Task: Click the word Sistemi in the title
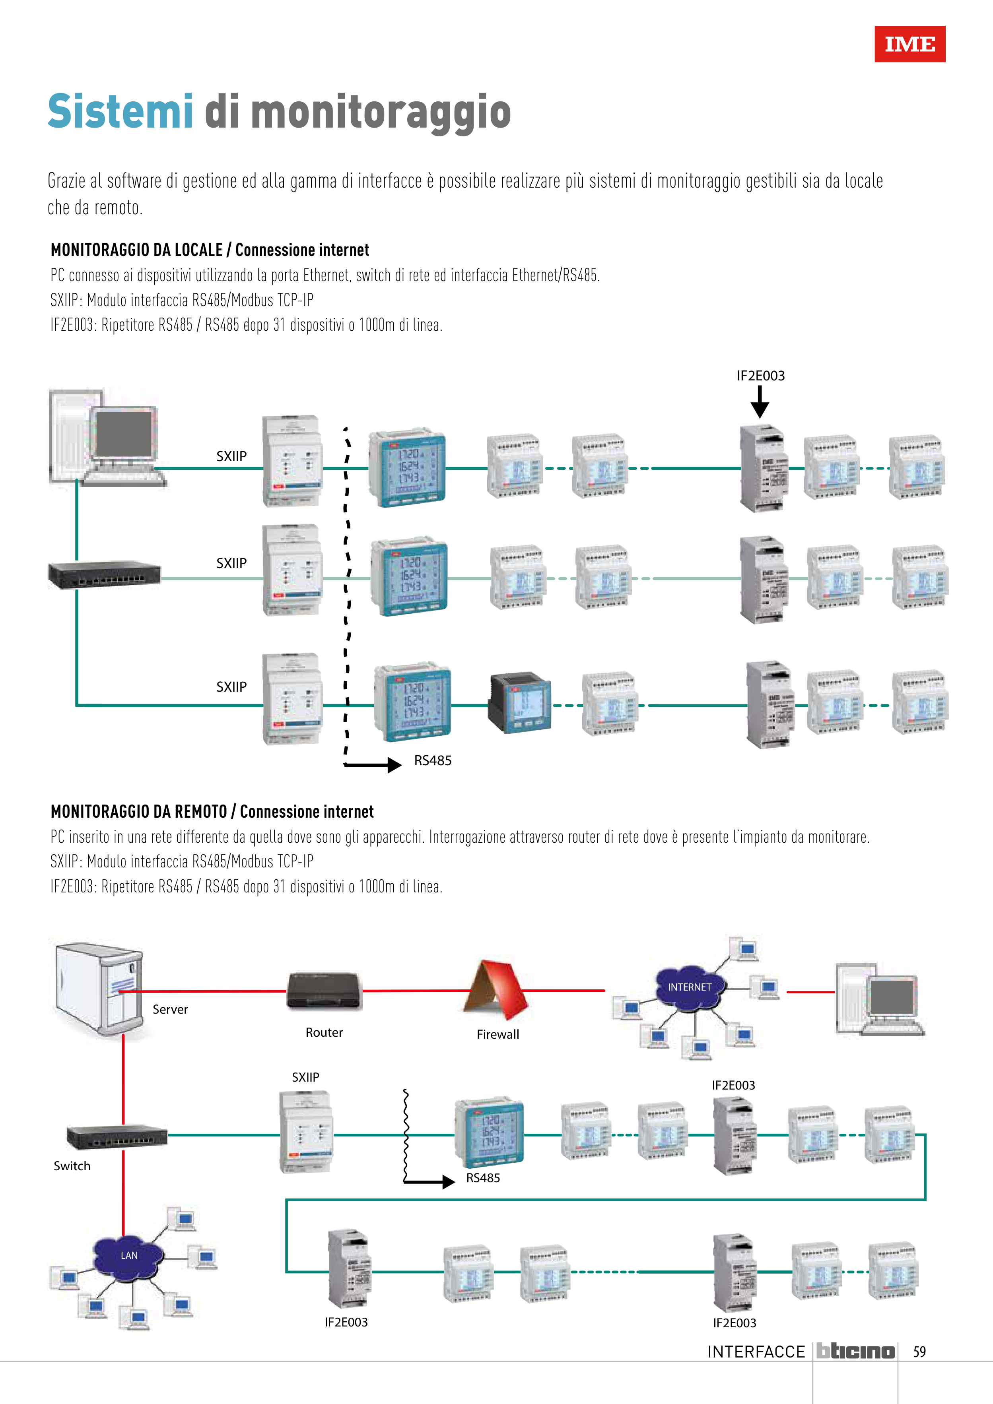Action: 120,112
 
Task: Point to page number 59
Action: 919,1352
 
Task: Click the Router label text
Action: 324,1032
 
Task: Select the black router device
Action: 324,991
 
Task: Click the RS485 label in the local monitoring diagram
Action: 433,761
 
